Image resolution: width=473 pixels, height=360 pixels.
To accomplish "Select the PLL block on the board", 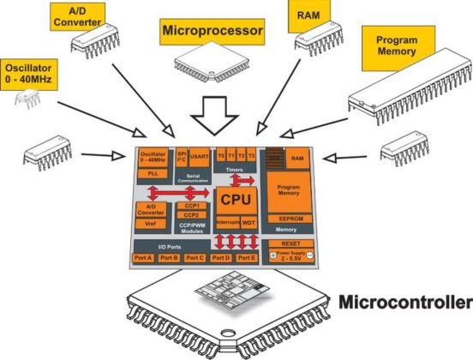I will [x=152, y=173].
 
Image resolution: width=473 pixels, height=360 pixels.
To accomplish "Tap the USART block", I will [x=198, y=157].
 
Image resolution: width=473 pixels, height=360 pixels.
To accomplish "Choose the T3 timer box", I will [x=253, y=156].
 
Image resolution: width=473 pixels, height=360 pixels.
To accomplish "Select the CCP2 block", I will [x=191, y=215].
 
